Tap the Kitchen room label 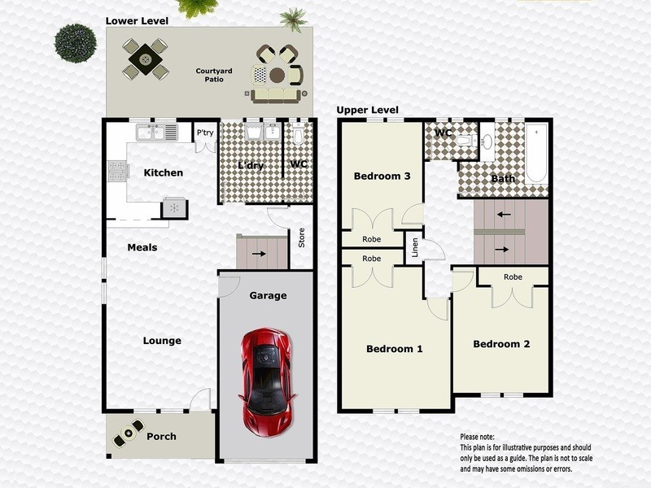pyautogui.click(x=163, y=172)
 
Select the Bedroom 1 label pyautogui.click(x=395, y=349)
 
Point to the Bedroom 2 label pyautogui.click(x=501, y=344)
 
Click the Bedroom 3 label pyautogui.click(x=382, y=176)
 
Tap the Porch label pyautogui.click(x=161, y=437)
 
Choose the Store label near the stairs pyautogui.click(x=301, y=237)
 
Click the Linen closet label pyautogui.click(x=414, y=247)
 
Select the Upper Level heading pyautogui.click(x=368, y=110)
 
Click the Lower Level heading pyautogui.click(x=137, y=20)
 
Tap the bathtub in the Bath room pyautogui.click(x=536, y=154)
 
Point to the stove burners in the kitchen pyautogui.click(x=116, y=171)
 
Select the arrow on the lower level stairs pyautogui.click(x=258, y=253)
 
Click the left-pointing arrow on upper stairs pyautogui.click(x=505, y=215)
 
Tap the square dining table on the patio pyautogui.click(x=146, y=59)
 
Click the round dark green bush pyautogui.click(x=75, y=42)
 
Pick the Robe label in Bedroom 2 pyautogui.click(x=513, y=277)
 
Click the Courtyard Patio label pyautogui.click(x=214, y=76)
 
